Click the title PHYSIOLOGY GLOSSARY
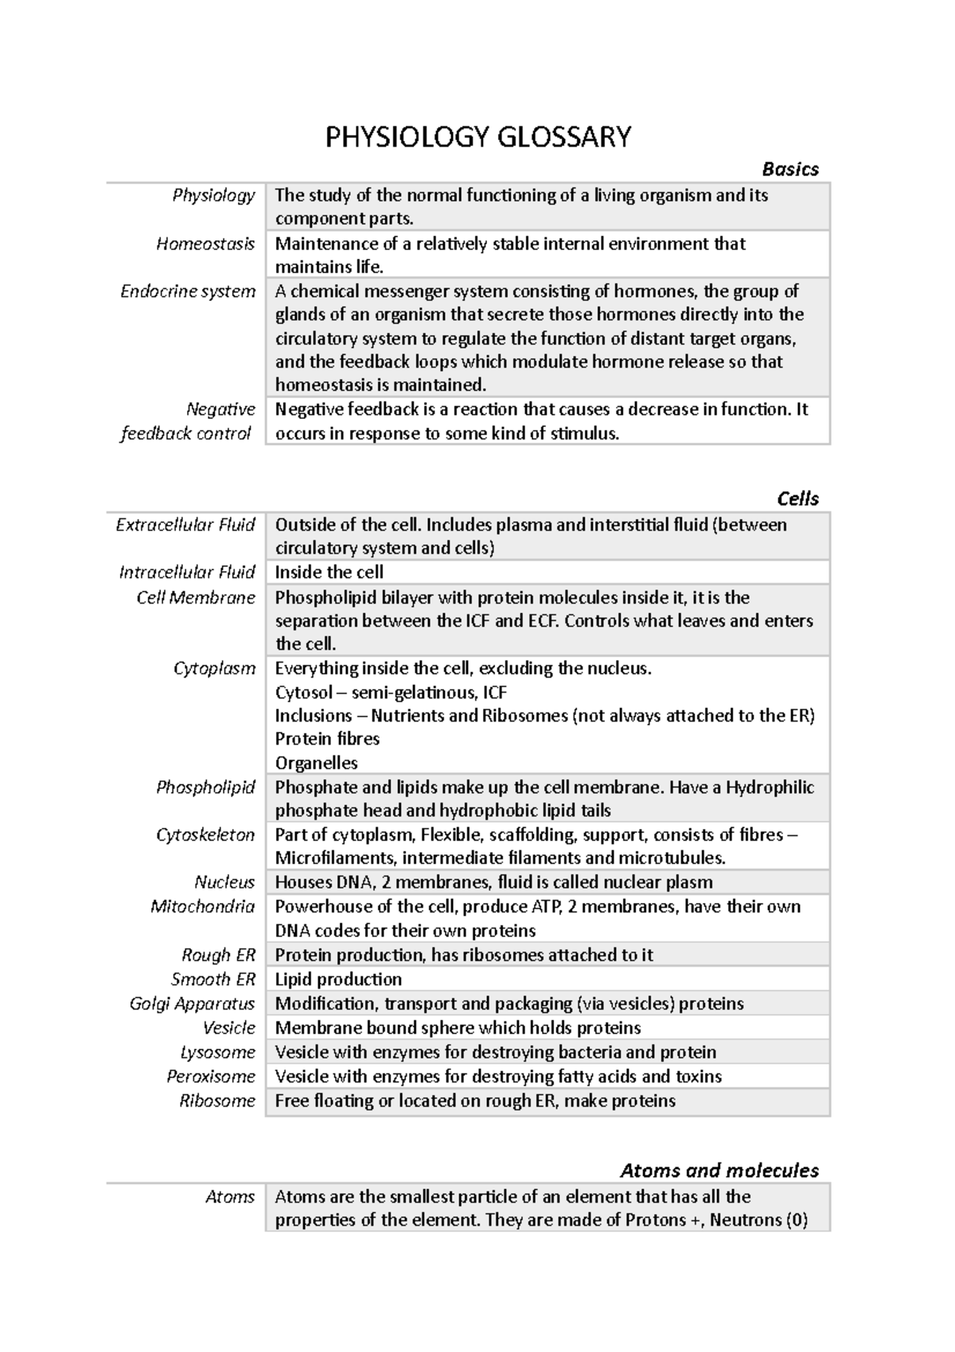click(x=477, y=137)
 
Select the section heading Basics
click(x=789, y=169)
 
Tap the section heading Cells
click(x=797, y=498)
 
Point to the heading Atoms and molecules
click(x=719, y=1170)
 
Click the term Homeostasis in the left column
click(x=205, y=244)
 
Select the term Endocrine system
click(x=188, y=291)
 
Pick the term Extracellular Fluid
click(x=185, y=525)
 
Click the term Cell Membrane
click(x=196, y=598)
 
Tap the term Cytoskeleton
click(x=205, y=834)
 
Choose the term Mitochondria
click(x=202, y=907)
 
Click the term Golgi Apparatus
click(x=192, y=1004)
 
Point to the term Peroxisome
click(x=211, y=1077)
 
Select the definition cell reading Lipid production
click(x=338, y=979)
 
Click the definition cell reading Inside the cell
click(x=329, y=572)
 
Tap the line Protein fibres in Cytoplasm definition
click(x=327, y=739)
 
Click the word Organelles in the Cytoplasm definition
click(x=316, y=763)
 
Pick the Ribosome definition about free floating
click(x=475, y=1101)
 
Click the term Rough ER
click(x=218, y=955)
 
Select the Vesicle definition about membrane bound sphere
click(x=458, y=1028)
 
